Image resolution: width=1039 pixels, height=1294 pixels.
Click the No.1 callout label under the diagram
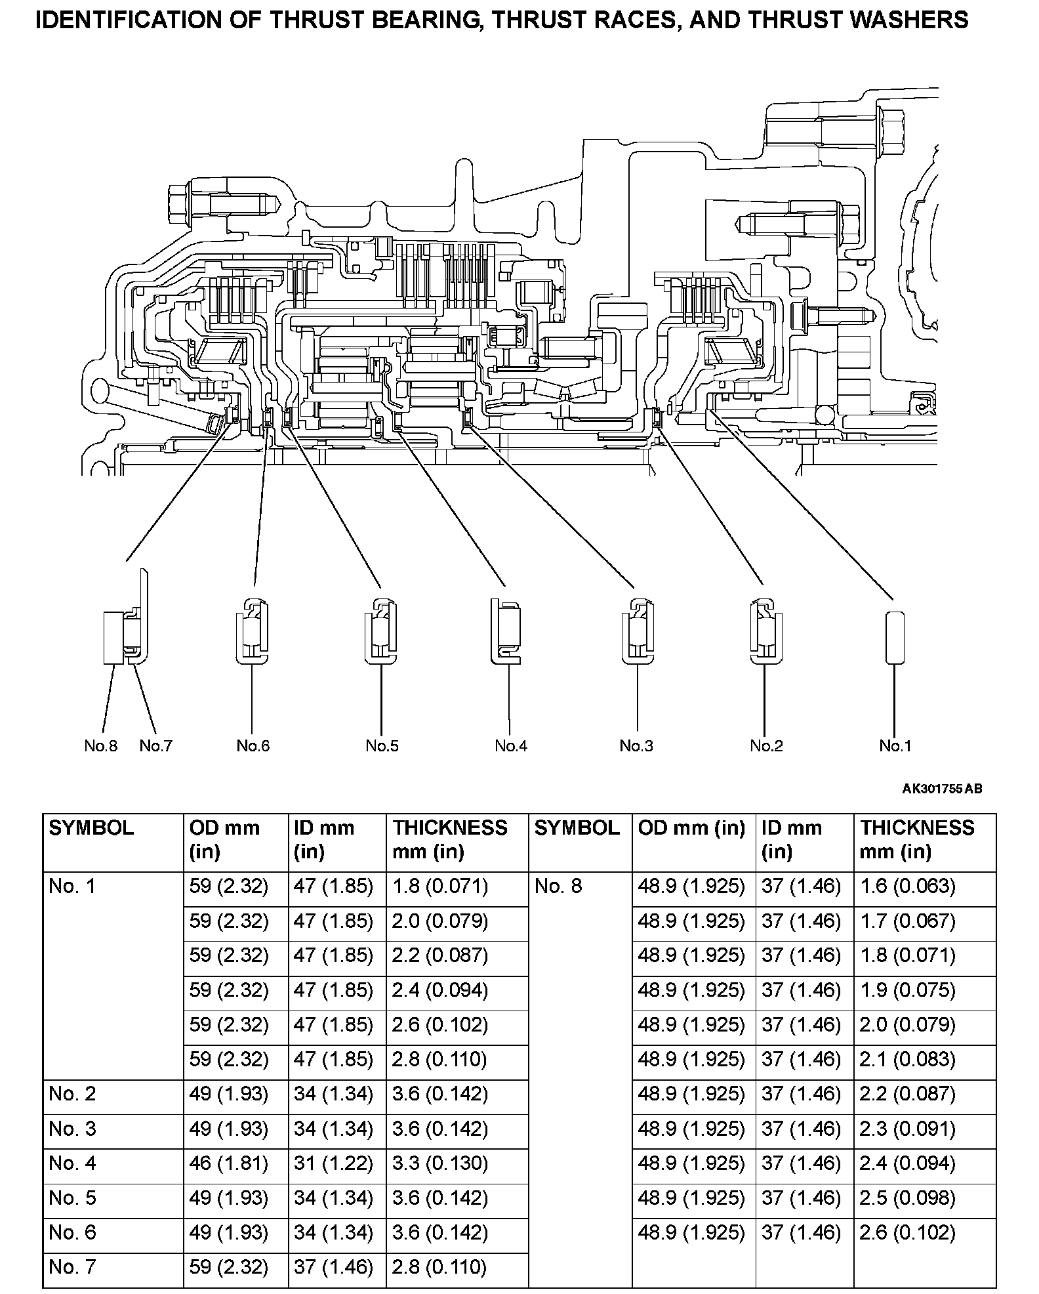click(x=895, y=745)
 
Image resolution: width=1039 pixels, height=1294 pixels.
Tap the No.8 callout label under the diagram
click(x=100, y=745)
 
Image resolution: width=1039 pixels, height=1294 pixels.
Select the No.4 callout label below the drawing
click(x=511, y=745)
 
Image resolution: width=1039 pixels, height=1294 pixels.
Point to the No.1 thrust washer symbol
click(x=895, y=638)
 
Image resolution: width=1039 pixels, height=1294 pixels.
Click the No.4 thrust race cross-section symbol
click(x=506, y=631)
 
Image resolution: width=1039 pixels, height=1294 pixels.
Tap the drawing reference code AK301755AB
click(x=942, y=789)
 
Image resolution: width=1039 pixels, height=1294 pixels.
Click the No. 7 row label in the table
click(x=72, y=1267)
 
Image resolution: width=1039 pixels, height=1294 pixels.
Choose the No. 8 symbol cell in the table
click(x=558, y=887)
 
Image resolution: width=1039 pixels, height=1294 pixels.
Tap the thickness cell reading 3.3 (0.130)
click(x=440, y=1163)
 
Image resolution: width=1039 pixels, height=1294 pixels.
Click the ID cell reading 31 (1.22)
click(x=333, y=1163)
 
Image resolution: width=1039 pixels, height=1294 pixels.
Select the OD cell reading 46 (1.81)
click(x=229, y=1163)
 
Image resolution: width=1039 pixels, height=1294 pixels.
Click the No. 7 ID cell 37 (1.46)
click(x=333, y=1267)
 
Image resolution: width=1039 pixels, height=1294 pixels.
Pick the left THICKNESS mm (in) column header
click(x=450, y=839)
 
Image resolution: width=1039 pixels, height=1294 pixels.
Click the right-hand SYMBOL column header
click(x=577, y=828)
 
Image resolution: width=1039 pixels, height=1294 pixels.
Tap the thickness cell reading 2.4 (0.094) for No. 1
click(x=440, y=990)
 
